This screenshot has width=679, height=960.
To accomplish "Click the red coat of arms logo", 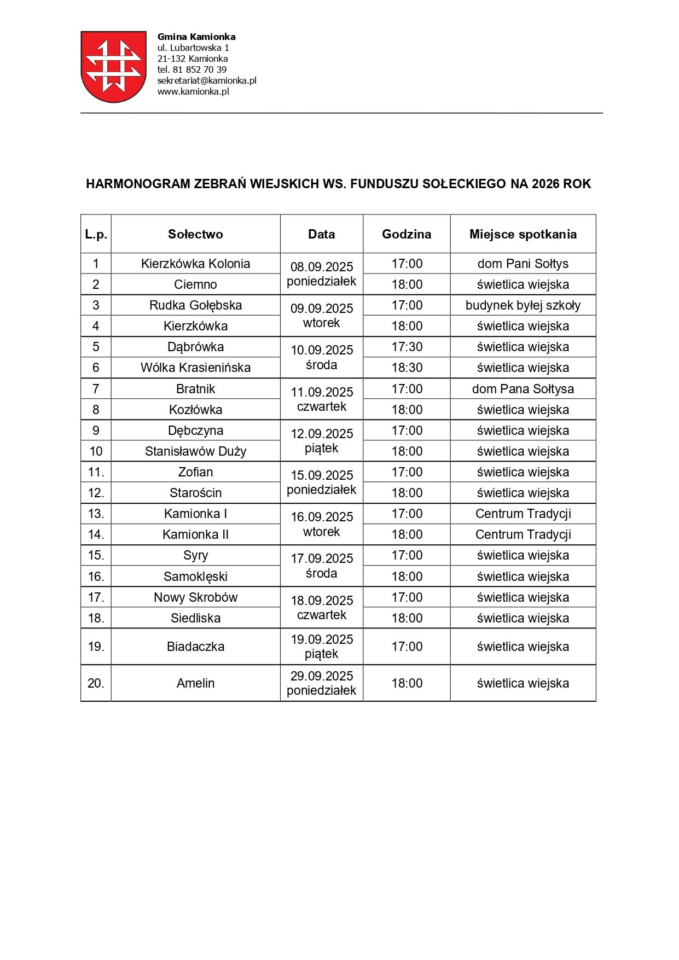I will pos(113,66).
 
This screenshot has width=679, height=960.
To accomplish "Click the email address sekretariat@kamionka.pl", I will pos(207,80).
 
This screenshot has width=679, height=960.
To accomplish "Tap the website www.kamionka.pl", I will pos(193,91).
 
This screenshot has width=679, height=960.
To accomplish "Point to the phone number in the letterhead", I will pos(191,69).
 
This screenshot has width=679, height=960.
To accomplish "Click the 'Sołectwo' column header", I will pos(195,234).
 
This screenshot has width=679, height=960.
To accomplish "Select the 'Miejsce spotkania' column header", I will pos(523,234).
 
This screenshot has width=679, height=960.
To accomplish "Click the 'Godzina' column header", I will pos(407,234).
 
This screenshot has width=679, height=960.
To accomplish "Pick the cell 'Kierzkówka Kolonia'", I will pos(195,264).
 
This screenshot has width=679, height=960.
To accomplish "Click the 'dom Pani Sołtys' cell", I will pos(523,264).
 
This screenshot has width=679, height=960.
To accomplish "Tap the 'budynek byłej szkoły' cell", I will pos(523,305).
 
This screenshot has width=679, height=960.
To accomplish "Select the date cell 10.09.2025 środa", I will pos(322,357).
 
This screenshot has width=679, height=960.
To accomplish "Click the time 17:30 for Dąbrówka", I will pos(407,347).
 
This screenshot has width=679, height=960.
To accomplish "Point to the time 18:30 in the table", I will pos(407,368).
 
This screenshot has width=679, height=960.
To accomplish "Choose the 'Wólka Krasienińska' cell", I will pos(195,368).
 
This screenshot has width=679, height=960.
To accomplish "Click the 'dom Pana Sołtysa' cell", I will pos(523,389).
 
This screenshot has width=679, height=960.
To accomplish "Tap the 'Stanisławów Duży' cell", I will pos(195,451).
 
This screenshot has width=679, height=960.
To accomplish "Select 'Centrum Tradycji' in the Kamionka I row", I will pos(523,514).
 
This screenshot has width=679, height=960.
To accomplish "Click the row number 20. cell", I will pos(96,683).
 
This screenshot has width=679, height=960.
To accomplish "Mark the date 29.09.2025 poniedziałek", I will pos(322,683).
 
